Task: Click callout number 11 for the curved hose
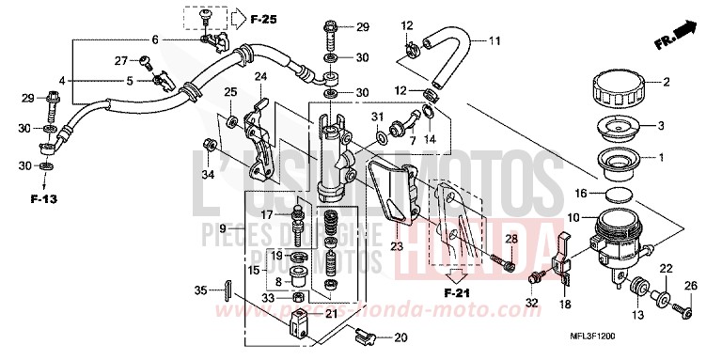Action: (x=494, y=40)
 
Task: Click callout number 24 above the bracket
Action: (x=260, y=76)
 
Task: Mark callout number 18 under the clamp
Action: (x=565, y=304)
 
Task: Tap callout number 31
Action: (x=378, y=116)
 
